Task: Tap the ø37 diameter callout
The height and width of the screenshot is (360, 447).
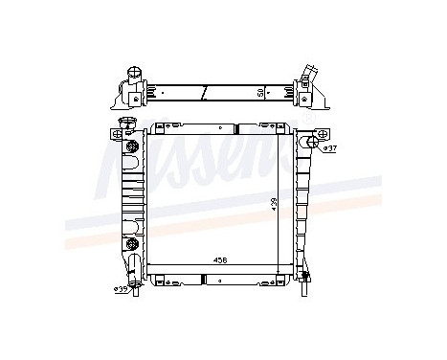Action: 328,148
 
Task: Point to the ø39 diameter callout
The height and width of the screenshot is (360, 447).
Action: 122,288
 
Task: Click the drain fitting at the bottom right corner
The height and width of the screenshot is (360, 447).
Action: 304,279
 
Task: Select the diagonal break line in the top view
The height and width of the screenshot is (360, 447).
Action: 204,93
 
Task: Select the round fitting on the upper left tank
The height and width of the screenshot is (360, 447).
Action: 129,147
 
